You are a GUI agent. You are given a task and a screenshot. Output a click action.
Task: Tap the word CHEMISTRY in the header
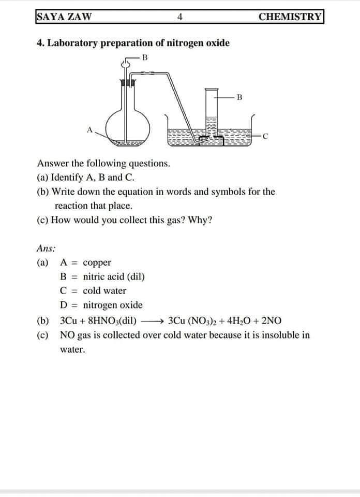290,16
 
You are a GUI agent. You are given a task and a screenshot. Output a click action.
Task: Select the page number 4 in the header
179,17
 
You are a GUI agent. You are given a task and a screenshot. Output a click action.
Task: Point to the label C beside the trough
265,137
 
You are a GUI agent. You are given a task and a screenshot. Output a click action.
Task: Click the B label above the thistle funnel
145,57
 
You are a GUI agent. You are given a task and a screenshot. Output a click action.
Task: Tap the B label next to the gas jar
238,96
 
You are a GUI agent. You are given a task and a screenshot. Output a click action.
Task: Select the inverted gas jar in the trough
211,116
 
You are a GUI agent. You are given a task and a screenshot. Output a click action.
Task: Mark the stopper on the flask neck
127,82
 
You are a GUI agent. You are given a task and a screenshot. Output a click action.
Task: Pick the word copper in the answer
97,262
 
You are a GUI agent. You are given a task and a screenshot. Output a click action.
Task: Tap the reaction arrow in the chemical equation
154,320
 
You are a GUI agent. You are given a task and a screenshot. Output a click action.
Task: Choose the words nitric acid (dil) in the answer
114,276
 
